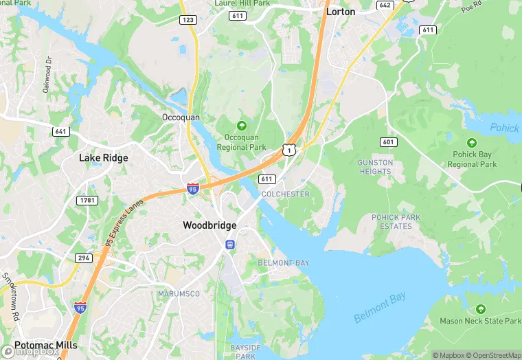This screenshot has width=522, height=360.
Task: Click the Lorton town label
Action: [341, 11]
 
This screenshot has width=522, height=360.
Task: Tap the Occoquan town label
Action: [181, 117]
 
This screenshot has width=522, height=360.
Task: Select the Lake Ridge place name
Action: [104, 158]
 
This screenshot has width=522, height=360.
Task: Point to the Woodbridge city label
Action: [209, 225]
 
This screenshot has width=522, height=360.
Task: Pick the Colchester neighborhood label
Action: [285, 194]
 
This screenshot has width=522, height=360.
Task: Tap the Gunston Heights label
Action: [376, 167]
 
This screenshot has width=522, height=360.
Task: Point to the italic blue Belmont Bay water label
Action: [380, 307]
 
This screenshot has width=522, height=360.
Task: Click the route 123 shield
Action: [188, 20]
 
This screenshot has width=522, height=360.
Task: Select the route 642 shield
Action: [385, 5]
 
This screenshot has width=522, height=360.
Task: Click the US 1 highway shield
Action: [289, 149]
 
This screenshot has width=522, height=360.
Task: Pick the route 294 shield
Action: [84, 258]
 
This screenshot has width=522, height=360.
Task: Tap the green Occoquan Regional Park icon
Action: [241, 126]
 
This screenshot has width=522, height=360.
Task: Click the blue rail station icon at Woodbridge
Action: [229, 244]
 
